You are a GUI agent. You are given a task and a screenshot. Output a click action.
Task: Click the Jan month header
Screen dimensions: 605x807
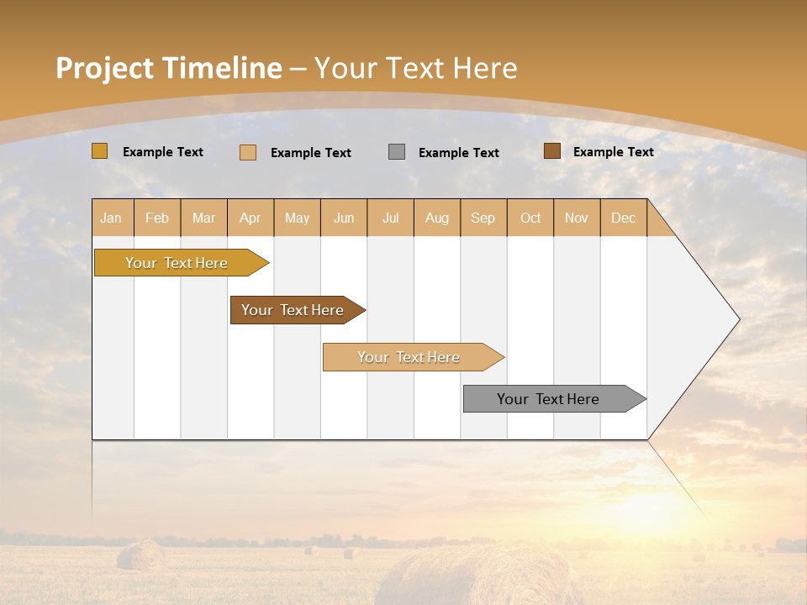pyautogui.click(x=112, y=218)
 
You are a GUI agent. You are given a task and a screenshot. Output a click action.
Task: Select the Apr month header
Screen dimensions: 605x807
pyautogui.click(x=251, y=218)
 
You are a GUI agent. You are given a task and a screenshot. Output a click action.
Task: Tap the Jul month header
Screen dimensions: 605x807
pyautogui.click(x=390, y=218)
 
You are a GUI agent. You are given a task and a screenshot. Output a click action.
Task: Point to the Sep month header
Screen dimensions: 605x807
pyautogui.click(x=483, y=218)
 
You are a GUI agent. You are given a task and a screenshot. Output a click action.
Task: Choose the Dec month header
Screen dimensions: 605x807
pyautogui.click(x=623, y=218)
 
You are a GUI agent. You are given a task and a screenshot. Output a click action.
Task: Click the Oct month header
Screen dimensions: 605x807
pyautogui.click(x=530, y=218)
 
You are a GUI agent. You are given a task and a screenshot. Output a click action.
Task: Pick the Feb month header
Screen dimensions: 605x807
pyautogui.click(x=157, y=218)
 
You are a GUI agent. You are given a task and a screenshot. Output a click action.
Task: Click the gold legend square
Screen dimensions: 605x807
pyautogui.click(x=100, y=151)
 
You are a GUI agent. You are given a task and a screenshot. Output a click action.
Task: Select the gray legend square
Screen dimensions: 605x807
pyautogui.click(x=397, y=152)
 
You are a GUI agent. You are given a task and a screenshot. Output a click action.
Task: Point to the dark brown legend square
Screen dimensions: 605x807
pyautogui.click(x=551, y=151)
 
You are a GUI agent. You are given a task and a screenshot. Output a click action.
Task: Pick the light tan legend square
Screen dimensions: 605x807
pyautogui.click(x=248, y=152)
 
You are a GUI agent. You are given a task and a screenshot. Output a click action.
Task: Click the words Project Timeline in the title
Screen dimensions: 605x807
pyautogui.click(x=168, y=68)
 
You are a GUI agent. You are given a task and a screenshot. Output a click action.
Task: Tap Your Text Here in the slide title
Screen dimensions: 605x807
pyautogui.click(x=416, y=68)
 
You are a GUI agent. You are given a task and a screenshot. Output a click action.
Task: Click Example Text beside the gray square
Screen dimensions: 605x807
pyautogui.click(x=458, y=153)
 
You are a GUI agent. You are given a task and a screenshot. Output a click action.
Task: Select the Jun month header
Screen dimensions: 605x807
pyautogui.click(x=344, y=218)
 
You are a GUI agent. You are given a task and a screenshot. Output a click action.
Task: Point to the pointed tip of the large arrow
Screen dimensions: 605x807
pyautogui.click(x=737, y=319)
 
